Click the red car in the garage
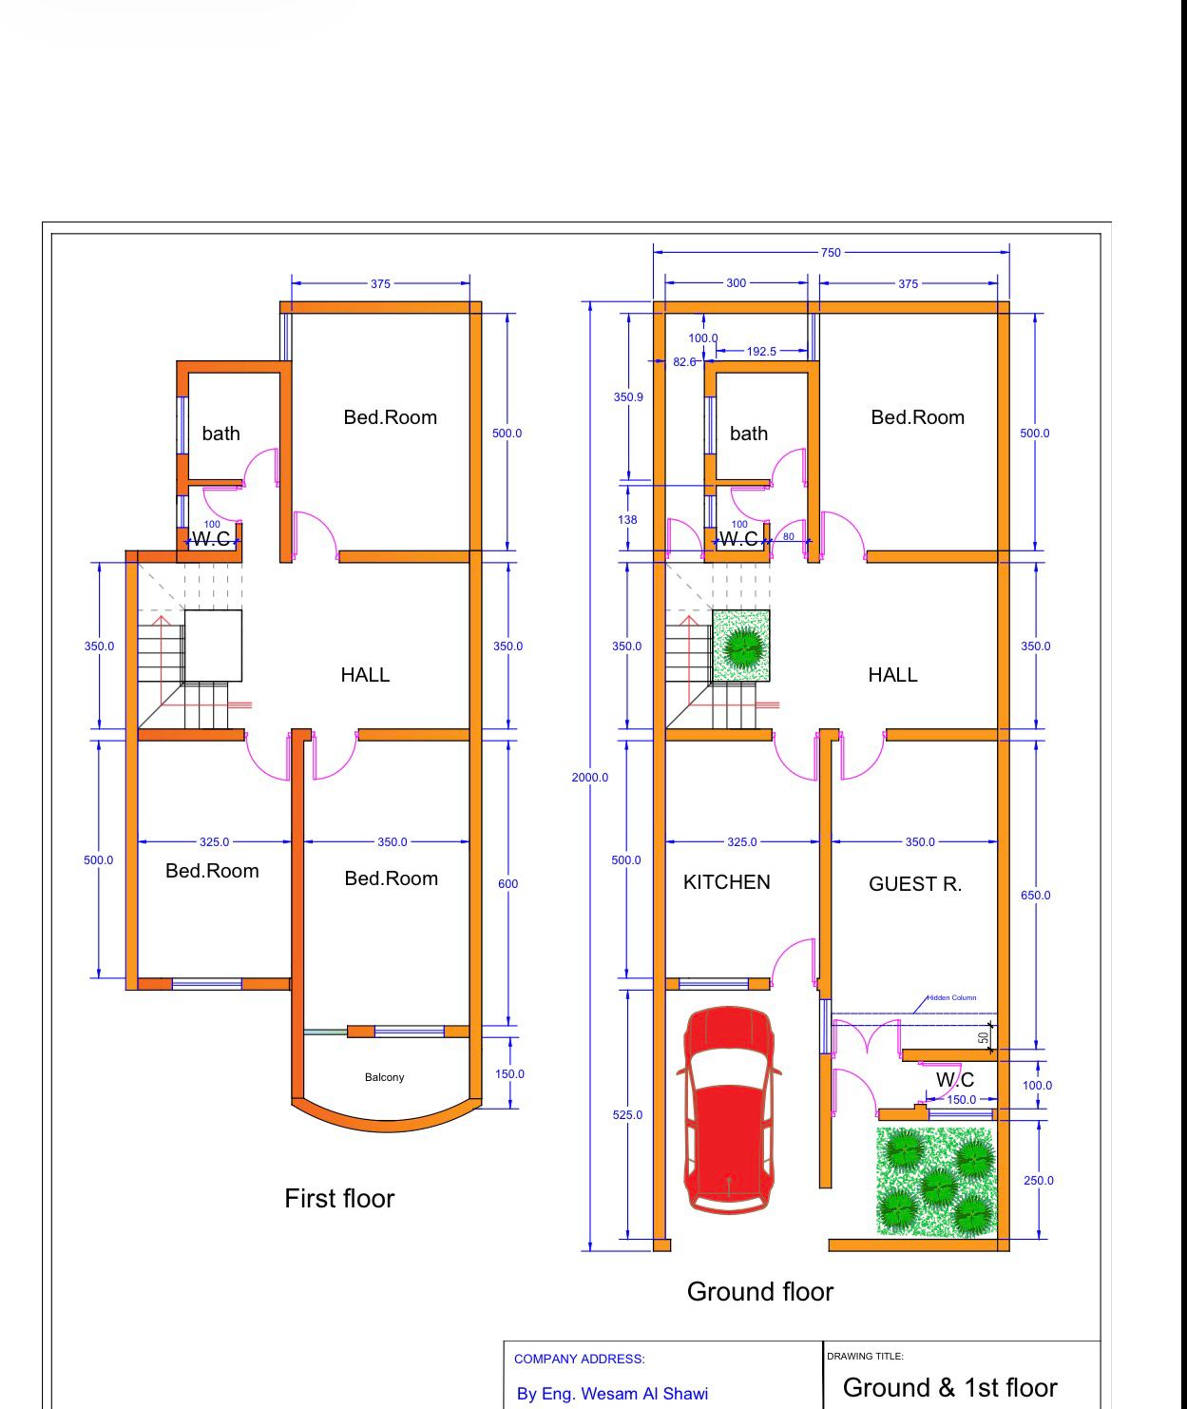coord(729,1110)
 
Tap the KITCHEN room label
coord(726,882)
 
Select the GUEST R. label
coord(914,884)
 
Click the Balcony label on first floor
coord(385,1077)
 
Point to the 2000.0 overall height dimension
coord(589,778)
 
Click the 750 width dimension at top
coord(831,252)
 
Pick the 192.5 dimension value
coord(761,351)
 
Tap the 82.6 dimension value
coord(684,361)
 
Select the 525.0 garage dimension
coord(627,1115)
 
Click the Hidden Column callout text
coord(951,997)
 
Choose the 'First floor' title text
coord(339,1199)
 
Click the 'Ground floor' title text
coord(760,1291)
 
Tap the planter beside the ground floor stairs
coord(741,646)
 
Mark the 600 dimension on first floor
coord(507,883)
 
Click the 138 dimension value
coord(627,520)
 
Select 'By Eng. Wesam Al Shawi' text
coord(612,1394)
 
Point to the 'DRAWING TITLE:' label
coord(865,1356)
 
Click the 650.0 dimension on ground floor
coord(1035,895)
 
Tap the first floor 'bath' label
coord(221,434)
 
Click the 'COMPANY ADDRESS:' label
coord(580,1359)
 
